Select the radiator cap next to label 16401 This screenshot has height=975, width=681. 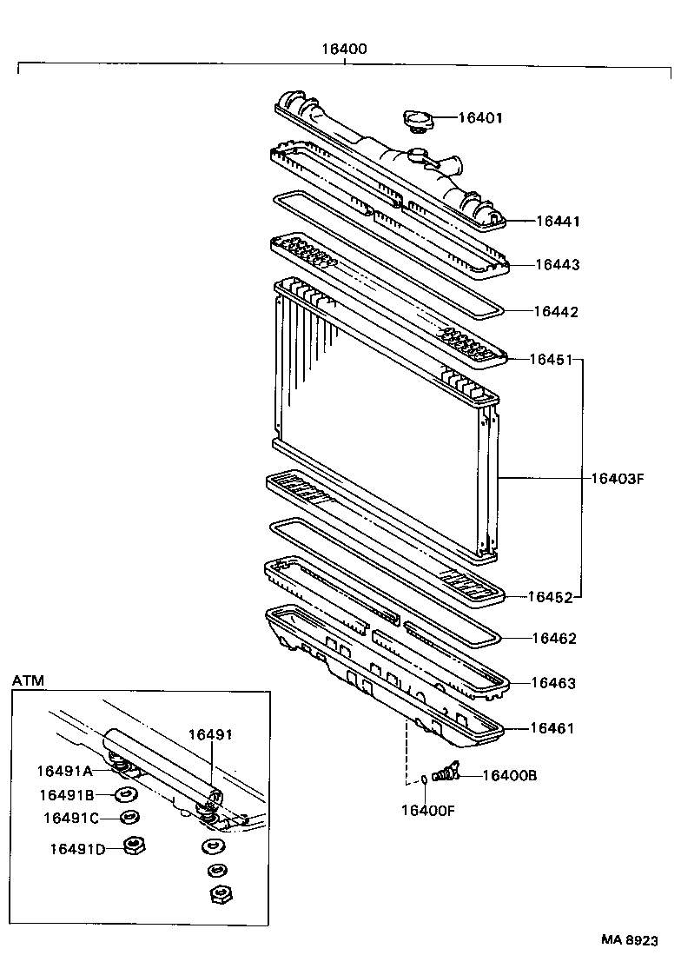tap(416, 119)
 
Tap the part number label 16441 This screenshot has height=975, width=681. tap(557, 222)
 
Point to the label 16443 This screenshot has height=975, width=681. tap(557, 264)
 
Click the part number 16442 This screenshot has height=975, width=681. tap(555, 311)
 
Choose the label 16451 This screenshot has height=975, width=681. tap(552, 358)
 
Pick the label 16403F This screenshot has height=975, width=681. tap(617, 478)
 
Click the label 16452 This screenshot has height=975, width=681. tap(552, 597)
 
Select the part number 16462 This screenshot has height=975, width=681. tap(554, 638)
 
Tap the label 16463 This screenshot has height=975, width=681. tap(553, 683)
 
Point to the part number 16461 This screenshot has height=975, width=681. tap(552, 728)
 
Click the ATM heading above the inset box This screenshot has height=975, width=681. tap(28, 680)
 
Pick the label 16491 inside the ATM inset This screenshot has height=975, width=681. tap(211, 734)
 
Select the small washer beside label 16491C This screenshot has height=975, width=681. tap(130, 818)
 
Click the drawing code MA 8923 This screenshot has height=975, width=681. tap(629, 940)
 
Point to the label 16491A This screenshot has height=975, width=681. tap(63, 770)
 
